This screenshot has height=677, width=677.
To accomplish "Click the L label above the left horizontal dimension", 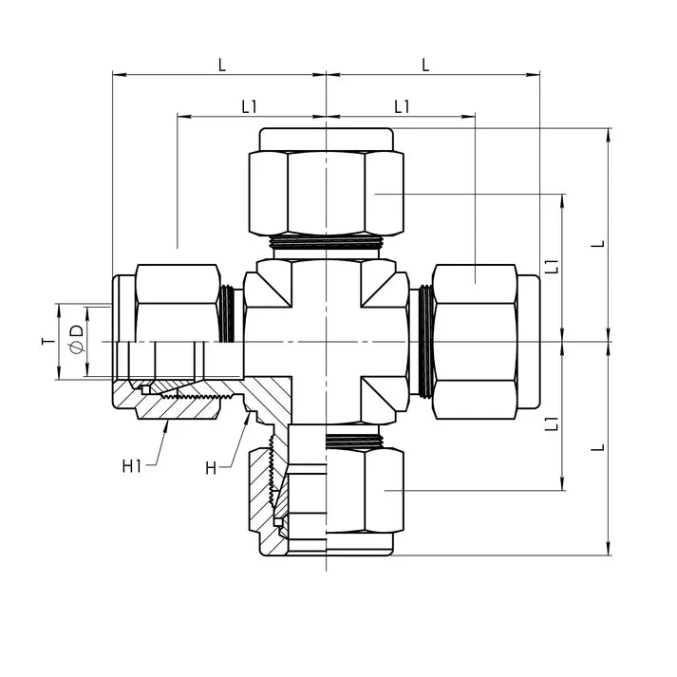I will pyautogui.click(x=222, y=66).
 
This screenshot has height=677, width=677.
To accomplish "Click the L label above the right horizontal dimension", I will pyautogui.click(x=425, y=66).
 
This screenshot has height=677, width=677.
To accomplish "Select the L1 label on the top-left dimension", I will pyautogui.click(x=250, y=107).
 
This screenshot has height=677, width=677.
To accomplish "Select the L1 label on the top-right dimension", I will pyautogui.click(x=402, y=107).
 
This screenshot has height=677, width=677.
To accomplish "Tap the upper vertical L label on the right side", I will pyautogui.click(x=597, y=244).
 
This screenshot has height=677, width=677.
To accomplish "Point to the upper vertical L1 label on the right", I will pyautogui.click(x=552, y=267).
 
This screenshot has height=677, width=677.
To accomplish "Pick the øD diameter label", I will pyautogui.click(x=76, y=341).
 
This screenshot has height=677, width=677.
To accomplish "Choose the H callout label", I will pyautogui.click(x=212, y=467).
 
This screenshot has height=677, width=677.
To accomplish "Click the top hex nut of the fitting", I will pyautogui.click(x=326, y=192).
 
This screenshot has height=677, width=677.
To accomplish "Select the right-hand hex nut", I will pyautogui.click(x=475, y=341).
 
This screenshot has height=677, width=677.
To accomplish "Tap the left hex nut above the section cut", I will pyautogui.click(x=178, y=302).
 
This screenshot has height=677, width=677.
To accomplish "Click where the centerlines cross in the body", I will pyautogui.click(x=326, y=342).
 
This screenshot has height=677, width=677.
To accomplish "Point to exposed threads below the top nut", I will pyautogui.click(x=326, y=243).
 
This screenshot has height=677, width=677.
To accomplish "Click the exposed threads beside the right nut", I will pyautogui.click(x=425, y=341).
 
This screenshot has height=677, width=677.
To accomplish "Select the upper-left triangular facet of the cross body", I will pyautogui.click(x=273, y=285).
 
